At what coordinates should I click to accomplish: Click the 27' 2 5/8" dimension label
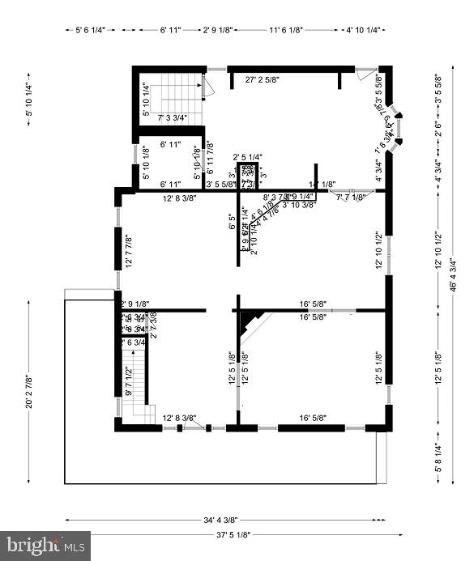[x=274, y=80]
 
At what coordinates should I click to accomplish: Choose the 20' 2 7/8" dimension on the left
[x=29, y=390]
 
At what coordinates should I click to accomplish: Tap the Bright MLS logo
[x=45, y=546]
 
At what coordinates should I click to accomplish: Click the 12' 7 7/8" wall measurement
[x=127, y=248]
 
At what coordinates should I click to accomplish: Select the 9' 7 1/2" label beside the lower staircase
[x=128, y=381]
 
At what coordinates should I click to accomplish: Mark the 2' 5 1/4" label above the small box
[x=247, y=157]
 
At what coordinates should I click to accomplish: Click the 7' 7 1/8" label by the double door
[x=351, y=197]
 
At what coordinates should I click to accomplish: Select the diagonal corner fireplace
[x=254, y=325]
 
